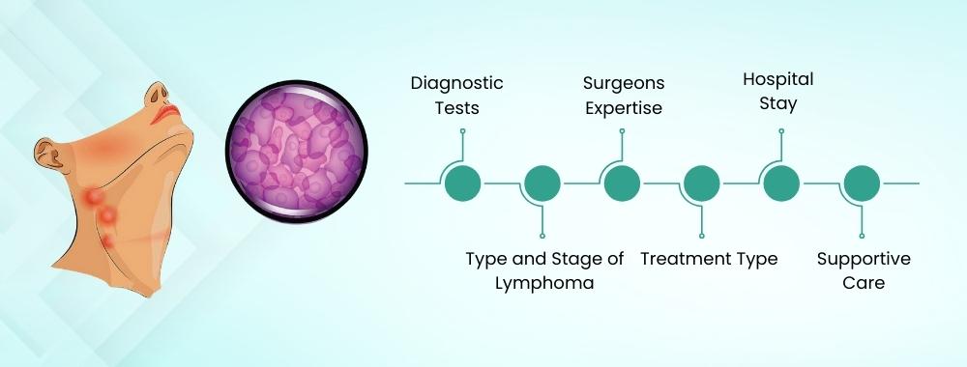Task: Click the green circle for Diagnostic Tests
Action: point(463,183)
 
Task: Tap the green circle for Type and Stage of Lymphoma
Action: point(542,183)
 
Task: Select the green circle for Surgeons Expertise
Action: point(622,183)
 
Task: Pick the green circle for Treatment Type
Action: point(701,183)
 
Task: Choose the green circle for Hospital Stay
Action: point(779,183)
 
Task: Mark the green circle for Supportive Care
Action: point(860,183)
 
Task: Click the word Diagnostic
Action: point(457,84)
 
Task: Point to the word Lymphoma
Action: point(544,284)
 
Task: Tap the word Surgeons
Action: point(623,84)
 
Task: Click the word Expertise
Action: point(624,108)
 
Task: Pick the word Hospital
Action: point(777,78)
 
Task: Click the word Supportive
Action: point(864,259)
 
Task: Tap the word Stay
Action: point(777,102)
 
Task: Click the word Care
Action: point(864,284)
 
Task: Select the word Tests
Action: point(457,108)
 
